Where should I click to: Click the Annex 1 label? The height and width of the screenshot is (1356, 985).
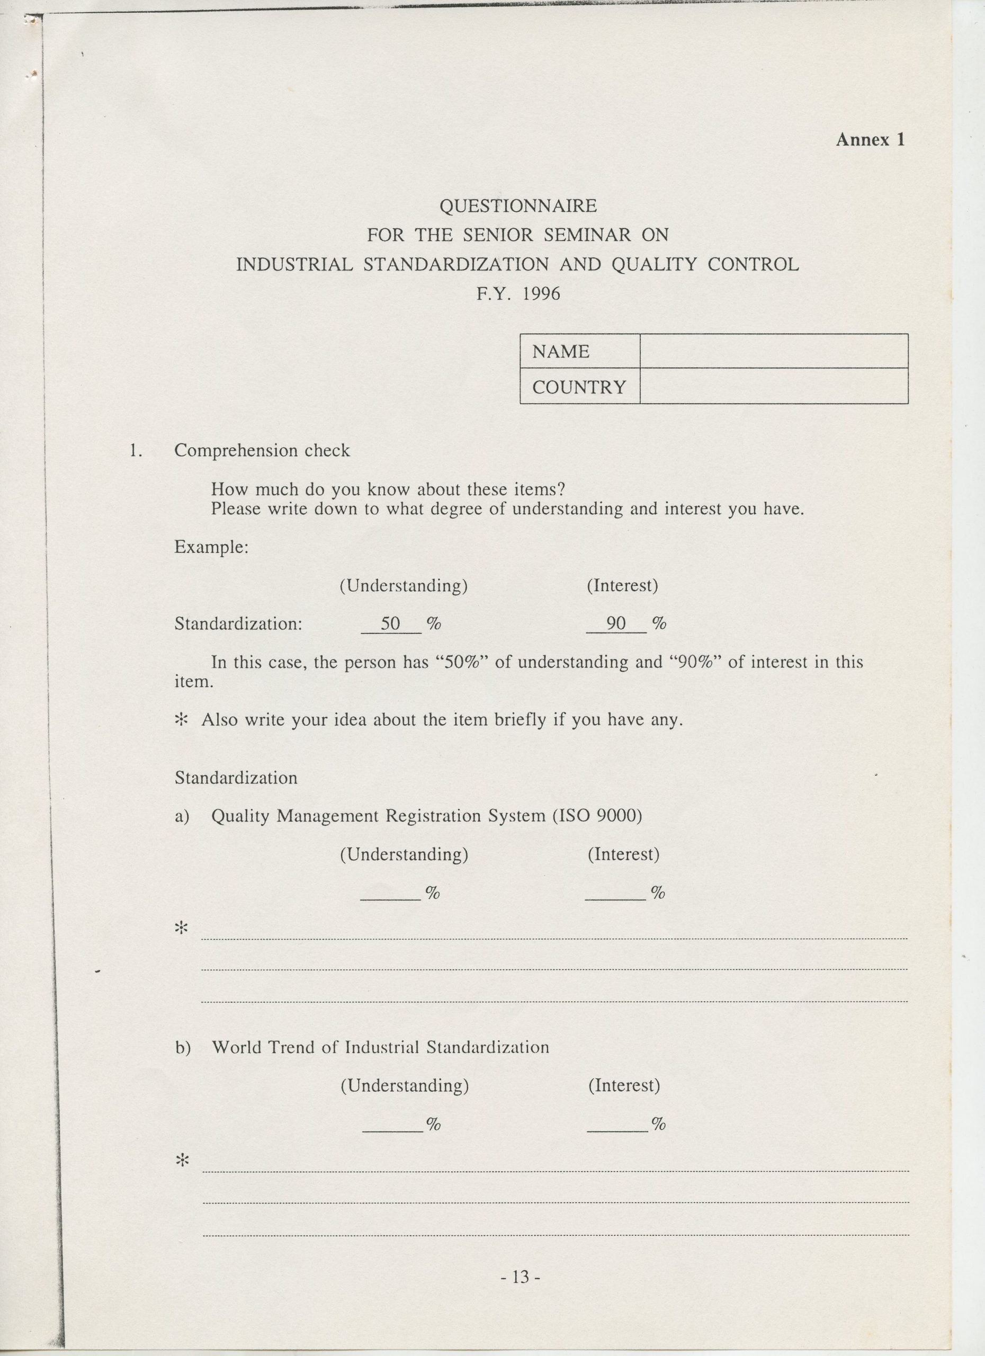(x=870, y=140)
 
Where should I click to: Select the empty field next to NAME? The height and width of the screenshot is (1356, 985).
(x=773, y=351)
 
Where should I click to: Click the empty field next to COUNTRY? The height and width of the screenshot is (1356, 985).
(x=773, y=386)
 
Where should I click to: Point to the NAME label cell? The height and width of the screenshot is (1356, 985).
(x=579, y=352)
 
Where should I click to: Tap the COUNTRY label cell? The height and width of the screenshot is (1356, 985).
(x=579, y=387)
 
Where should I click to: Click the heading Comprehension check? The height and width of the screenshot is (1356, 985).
(x=262, y=450)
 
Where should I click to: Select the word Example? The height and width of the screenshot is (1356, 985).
(x=211, y=547)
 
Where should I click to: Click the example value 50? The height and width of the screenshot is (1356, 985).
(x=390, y=623)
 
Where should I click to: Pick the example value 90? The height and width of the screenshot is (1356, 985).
(x=615, y=623)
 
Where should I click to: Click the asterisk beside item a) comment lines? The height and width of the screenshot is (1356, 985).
(x=181, y=929)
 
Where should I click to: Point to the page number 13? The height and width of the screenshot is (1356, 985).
(x=521, y=1277)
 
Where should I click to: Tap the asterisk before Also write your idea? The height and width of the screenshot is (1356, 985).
(x=181, y=720)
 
